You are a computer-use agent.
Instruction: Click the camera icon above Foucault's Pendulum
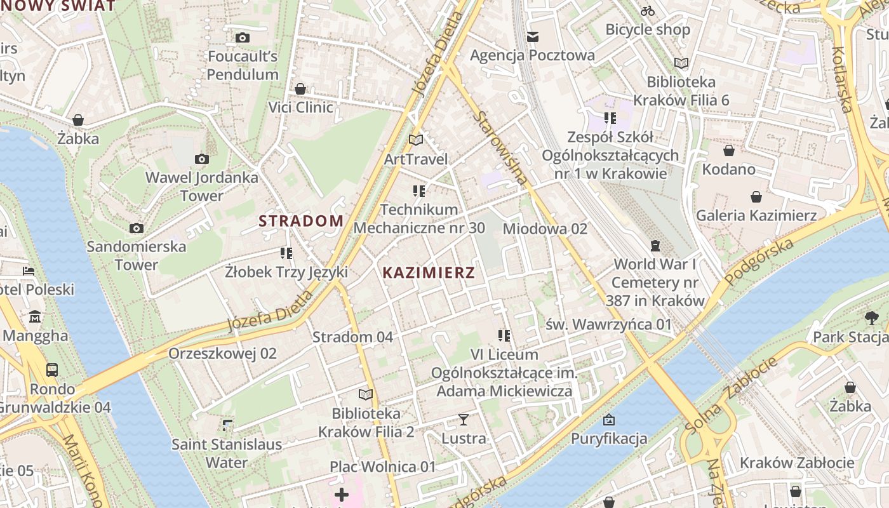[242, 38]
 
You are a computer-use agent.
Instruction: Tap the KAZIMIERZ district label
[429, 273]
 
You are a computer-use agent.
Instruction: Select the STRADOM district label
[301, 221]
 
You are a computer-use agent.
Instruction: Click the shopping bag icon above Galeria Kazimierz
[756, 197]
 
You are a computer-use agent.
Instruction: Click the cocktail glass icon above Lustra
[464, 420]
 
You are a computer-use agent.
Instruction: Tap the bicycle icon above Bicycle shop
[648, 11]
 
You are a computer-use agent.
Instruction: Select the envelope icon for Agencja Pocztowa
[532, 37]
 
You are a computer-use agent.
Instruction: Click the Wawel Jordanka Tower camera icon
[202, 159]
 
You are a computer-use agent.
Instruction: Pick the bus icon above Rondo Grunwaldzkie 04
[52, 370]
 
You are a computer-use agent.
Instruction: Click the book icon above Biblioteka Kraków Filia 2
[366, 395]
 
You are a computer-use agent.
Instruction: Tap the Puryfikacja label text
[608, 438]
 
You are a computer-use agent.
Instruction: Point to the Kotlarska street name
[843, 79]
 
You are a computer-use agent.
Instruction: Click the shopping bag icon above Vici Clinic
[300, 89]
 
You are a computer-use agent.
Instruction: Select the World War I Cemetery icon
[655, 246]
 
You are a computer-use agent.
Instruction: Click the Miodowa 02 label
[545, 229]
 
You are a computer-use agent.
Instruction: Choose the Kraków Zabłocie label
[797, 462]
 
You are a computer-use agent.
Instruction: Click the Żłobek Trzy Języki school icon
[286, 253]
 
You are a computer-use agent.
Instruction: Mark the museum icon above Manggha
[34, 316]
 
